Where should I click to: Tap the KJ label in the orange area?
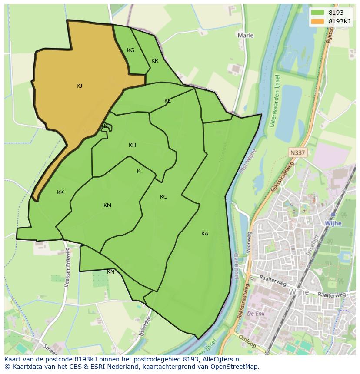[x=79, y=86]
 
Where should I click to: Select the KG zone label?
[x=130, y=50]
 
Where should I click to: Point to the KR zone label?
[x=155, y=61]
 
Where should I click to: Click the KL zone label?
[x=167, y=101]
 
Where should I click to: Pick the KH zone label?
[x=132, y=145]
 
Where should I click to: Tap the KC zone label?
[x=163, y=197]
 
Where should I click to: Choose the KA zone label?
[x=205, y=234]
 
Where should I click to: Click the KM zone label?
[x=107, y=205]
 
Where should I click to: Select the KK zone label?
[x=60, y=192]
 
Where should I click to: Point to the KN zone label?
[x=111, y=272]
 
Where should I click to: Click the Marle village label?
[x=246, y=35]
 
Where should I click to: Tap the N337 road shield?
[x=297, y=152]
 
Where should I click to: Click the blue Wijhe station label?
[x=333, y=223]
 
